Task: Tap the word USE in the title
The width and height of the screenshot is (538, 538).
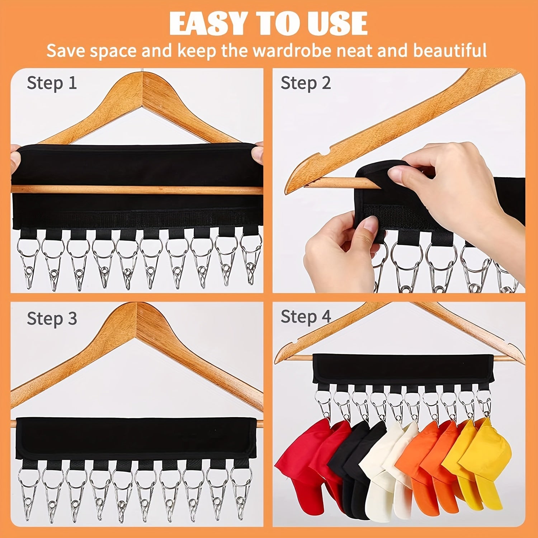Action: [x=337, y=23]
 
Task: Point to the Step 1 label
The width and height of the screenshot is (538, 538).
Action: [x=52, y=84]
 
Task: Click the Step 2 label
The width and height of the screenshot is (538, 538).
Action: [x=306, y=84]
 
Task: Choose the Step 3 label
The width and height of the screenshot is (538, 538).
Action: [x=52, y=318]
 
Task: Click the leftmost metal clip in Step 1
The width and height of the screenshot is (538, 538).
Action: [x=28, y=262]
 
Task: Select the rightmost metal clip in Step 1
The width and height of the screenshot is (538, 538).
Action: [x=251, y=260]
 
